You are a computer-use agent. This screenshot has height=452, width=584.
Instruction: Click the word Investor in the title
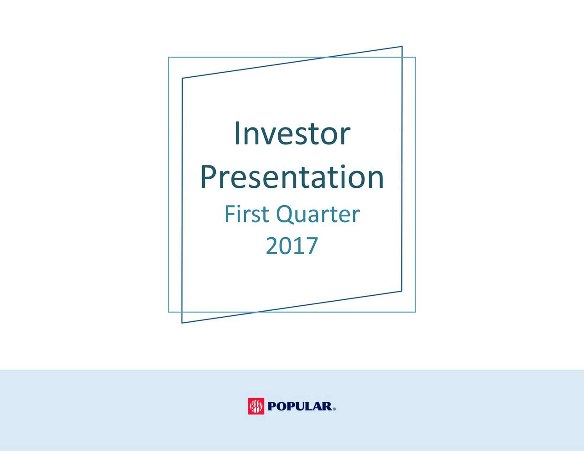(x=292, y=133)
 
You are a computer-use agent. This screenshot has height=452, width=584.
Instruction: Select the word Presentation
(x=292, y=177)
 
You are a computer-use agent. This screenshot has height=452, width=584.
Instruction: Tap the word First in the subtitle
(x=246, y=214)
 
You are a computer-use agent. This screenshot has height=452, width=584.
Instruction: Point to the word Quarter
(x=318, y=214)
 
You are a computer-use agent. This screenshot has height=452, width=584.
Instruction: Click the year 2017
(x=292, y=246)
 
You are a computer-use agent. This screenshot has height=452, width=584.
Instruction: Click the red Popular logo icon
(x=256, y=406)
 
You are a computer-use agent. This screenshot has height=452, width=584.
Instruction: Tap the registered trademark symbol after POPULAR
(x=334, y=409)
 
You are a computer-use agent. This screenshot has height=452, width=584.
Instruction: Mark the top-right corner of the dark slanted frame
(x=401, y=47)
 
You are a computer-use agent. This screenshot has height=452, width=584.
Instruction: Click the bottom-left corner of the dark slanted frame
(x=182, y=323)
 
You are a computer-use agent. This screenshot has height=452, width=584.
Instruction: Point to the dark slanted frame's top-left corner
(x=182, y=79)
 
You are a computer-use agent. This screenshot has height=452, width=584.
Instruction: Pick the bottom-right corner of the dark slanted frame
(x=401, y=291)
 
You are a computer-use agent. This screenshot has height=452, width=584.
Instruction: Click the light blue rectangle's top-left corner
(x=168, y=58)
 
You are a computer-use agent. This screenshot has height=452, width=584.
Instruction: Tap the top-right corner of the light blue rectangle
(x=415, y=58)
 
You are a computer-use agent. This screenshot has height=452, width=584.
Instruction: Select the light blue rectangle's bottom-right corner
(x=415, y=312)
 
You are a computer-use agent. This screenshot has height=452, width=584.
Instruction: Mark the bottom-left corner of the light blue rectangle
(x=168, y=312)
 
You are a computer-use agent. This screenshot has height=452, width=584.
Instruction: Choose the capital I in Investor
(x=237, y=133)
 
